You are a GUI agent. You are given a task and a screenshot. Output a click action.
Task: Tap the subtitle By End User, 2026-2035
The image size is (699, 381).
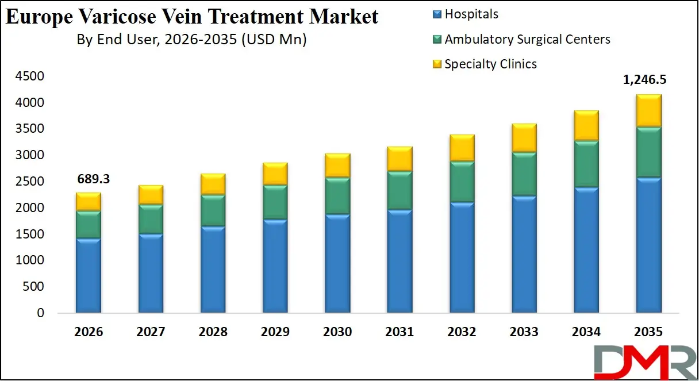(191, 40)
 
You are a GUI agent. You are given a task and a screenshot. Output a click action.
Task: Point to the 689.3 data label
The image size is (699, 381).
(93, 179)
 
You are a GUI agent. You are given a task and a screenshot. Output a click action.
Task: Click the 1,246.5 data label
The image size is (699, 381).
(648, 80)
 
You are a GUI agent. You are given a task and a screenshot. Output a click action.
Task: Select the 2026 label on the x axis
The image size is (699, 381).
(89, 332)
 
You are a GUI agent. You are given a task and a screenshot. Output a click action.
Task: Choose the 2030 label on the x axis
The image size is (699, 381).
(337, 332)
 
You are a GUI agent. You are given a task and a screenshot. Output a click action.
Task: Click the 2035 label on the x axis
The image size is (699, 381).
(648, 332)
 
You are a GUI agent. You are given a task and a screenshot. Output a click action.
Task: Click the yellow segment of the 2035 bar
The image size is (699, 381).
(648, 110)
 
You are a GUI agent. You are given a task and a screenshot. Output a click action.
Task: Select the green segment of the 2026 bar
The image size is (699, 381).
(89, 224)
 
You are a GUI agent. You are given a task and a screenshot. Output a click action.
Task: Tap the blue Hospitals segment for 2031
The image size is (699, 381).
(400, 261)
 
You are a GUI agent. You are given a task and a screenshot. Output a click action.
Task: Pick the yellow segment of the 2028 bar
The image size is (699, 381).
(213, 184)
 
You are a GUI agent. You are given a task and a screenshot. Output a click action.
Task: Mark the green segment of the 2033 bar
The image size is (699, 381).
(524, 174)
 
